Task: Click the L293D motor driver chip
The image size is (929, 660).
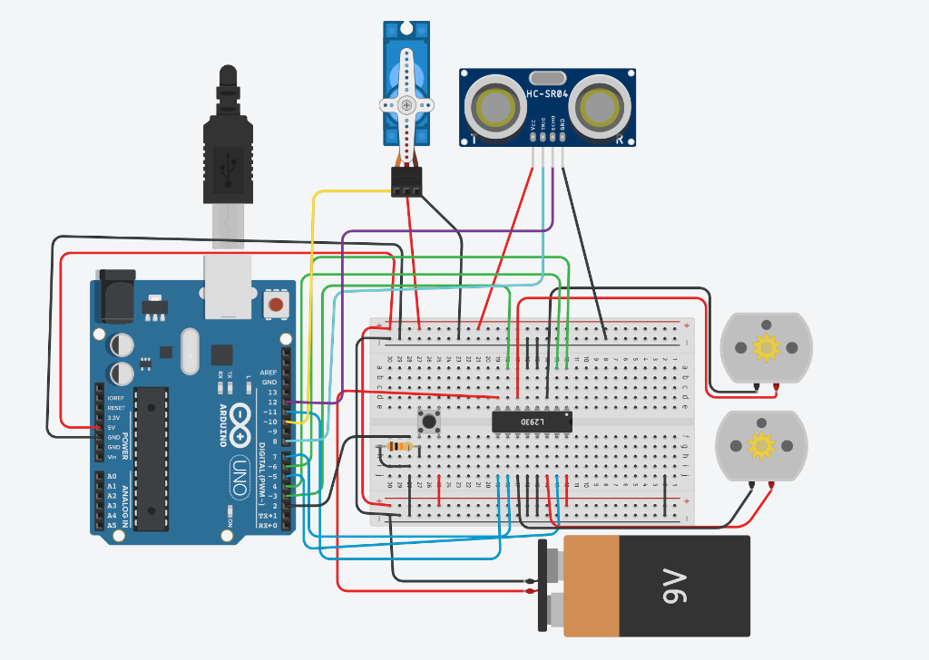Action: (532, 422)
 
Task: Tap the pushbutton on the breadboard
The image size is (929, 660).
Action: (428, 422)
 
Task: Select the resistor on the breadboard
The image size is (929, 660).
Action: (397, 446)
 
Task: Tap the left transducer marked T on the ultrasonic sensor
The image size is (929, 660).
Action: (495, 107)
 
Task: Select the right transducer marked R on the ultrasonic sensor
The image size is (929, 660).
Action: (601, 107)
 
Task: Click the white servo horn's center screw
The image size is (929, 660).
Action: (406, 105)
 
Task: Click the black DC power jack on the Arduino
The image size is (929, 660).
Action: (114, 296)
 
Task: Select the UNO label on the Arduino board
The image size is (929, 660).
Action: (238, 476)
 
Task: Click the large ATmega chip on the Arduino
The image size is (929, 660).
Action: (152, 458)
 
